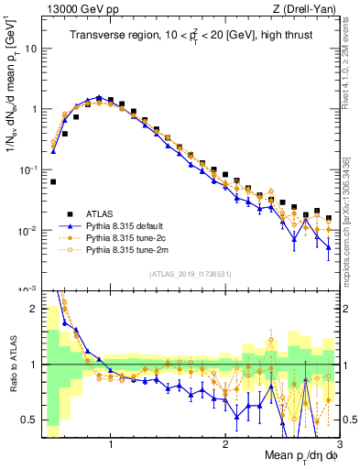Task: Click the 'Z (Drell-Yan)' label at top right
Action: pyautogui.click(x=309, y=9)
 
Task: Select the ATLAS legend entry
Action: pyautogui.click(x=104, y=212)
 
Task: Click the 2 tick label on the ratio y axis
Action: pyautogui.click(x=34, y=309)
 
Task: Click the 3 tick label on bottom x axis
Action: pyautogui.click(x=339, y=445)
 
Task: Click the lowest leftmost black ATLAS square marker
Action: pyautogui.click(x=53, y=182)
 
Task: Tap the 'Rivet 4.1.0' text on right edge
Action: pyautogui.click(x=352, y=64)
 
